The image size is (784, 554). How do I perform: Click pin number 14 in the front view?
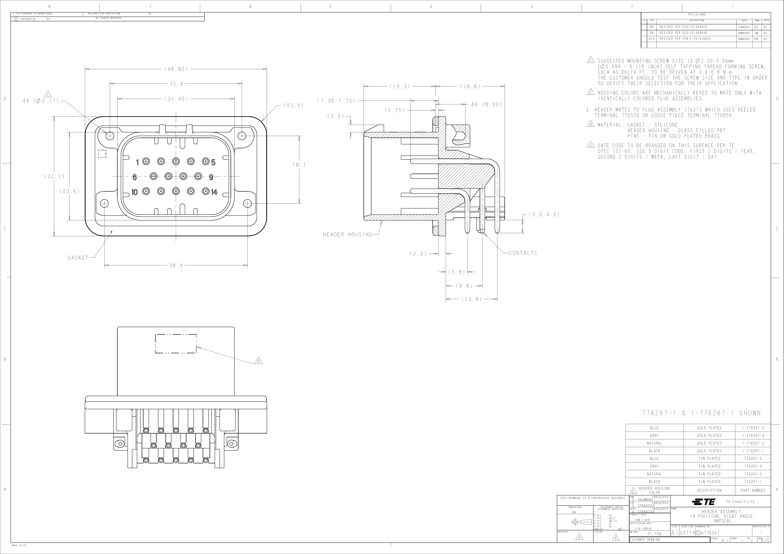214,192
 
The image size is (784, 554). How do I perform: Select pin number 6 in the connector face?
134,177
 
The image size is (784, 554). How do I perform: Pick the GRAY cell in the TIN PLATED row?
654,466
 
